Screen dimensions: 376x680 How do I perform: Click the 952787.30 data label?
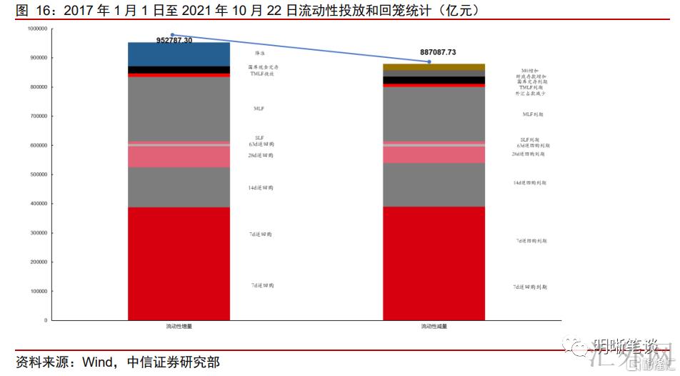[174, 41]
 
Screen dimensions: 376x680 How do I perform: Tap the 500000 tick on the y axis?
[36, 174]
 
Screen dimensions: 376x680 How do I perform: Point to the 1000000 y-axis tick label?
[35, 29]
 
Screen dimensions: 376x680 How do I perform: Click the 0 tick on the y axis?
[45, 320]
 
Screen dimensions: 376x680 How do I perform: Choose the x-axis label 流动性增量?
[179, 326]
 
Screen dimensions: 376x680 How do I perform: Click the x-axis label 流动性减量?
[434, 326]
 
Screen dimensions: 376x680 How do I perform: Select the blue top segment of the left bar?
[179, 54]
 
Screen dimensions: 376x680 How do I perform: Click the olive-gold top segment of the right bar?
[434, 66]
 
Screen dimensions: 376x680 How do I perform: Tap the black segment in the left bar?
[179, 69]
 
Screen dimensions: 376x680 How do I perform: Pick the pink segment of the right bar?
[434, 154]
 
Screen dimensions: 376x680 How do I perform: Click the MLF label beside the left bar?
[259, 109]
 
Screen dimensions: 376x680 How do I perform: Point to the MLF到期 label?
[532, 114]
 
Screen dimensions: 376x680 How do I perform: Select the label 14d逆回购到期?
[529, 183]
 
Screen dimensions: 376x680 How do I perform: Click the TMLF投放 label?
[262, 74]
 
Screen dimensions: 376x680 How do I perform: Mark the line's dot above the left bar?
[172, 34]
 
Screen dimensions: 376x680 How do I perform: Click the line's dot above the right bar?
[429, 62]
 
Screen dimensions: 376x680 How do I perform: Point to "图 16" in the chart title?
[31, 9]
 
